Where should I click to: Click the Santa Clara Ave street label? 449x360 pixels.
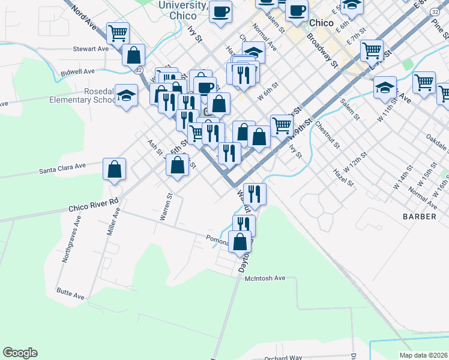63,168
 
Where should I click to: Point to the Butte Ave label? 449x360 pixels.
71,295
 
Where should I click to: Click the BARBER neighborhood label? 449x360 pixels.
420,217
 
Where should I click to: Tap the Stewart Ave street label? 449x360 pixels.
90,49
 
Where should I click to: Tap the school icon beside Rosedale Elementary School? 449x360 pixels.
126,95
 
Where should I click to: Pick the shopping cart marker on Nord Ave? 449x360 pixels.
118,32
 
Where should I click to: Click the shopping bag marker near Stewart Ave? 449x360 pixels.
133,55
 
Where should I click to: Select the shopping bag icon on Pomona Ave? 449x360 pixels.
240,242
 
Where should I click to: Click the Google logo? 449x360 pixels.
20,353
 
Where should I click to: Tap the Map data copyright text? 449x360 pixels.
423,355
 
